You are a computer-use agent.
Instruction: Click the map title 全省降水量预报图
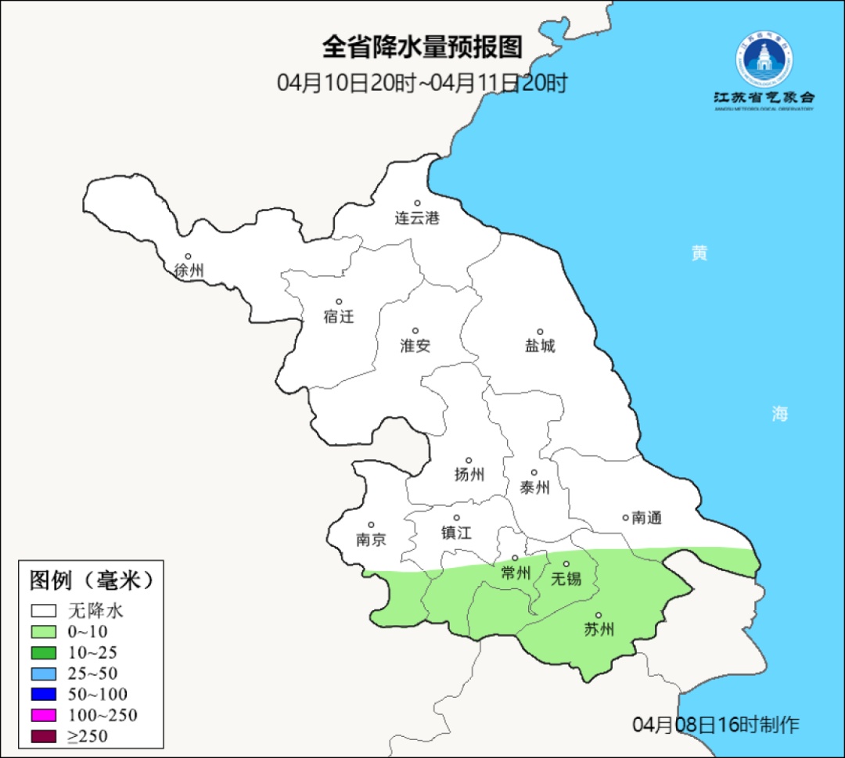pos(422,48)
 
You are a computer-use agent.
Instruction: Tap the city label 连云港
pos(417,219)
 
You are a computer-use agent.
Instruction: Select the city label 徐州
pos(189,271)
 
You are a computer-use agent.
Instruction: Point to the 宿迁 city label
pos(339,317)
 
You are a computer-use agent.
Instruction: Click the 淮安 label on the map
pos(415,346)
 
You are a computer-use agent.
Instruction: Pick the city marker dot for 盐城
pos(540,332)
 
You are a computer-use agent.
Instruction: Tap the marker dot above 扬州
pos(469,461)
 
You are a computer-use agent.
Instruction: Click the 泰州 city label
pos(534,488)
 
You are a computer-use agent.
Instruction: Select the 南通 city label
pos(646,518)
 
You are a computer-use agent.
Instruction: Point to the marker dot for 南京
pos(371,526)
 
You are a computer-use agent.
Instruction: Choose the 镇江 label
pos(457,533)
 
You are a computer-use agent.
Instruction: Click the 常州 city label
pos(516,573)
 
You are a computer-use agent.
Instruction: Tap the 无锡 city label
pos(566,579)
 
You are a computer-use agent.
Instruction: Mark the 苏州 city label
pos(599,630)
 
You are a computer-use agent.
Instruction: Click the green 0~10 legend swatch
pos(44,632)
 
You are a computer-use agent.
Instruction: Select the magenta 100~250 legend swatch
pos(44,715)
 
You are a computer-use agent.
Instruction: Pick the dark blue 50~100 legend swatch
pos(44,694)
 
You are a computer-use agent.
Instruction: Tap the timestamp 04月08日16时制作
pos(716,724)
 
